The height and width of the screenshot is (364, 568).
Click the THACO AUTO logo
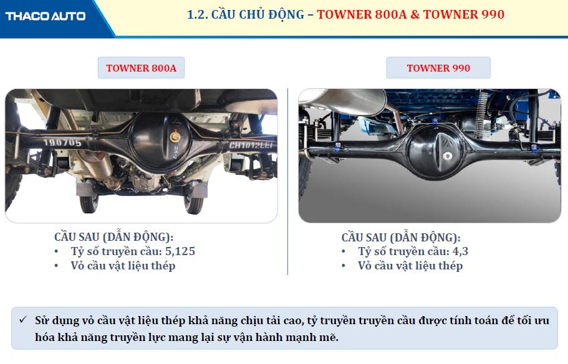tap(46, 16)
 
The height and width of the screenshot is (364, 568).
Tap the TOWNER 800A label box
tap(142, 68)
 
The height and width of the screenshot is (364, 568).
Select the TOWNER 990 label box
tap(438, 68)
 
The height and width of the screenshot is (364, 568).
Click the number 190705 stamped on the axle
tap(62, 142)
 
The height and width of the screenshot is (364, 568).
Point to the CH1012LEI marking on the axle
tap(251, 146)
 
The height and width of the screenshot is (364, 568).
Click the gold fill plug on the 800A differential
tap(175, 137)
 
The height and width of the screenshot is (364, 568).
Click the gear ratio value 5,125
tap(180, 251)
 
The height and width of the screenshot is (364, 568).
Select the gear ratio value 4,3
tap(460, 251)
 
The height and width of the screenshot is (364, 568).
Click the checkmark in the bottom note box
tap(24, 320)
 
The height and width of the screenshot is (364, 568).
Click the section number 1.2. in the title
tap(198, 15)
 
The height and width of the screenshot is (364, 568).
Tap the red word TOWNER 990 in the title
tap(464, 14)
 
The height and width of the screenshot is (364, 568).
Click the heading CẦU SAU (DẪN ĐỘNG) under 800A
tap(113, 237)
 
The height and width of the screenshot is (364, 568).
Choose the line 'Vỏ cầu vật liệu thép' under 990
tap(410, 266)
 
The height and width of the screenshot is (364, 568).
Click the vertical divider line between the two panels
tap(288, 182)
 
